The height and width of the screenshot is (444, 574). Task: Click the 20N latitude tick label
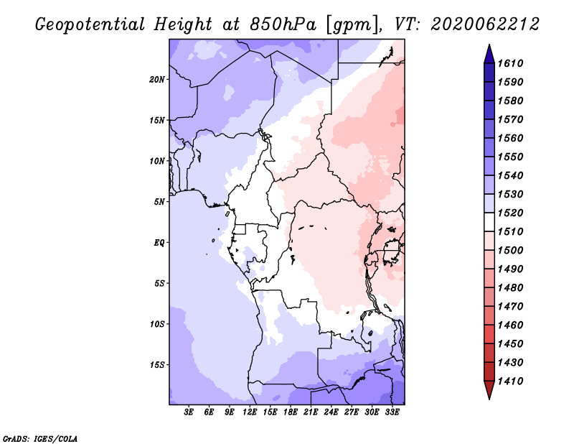(x=156, y=79)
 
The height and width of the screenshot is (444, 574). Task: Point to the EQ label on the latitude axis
(x=159, y=242)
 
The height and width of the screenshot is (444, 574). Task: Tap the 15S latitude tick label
(x=156, y=364)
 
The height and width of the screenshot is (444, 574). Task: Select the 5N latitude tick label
(x=159, y=202)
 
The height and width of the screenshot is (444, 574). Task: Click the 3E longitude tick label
(x=188, y=412)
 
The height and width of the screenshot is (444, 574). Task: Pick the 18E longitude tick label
(x=291, y=412)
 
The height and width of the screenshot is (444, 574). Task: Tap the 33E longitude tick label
(x=392, y=412)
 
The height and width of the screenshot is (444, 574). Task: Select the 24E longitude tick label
(x=331, y=412)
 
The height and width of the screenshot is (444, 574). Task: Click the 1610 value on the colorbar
(x=510, y=63)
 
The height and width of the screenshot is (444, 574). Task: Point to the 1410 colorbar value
(x=510, y=381)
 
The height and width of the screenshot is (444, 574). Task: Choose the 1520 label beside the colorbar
(x=510, y=213)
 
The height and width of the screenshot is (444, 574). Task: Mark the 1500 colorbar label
(x=510, y=250)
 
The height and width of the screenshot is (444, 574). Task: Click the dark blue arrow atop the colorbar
(x=489, y=55)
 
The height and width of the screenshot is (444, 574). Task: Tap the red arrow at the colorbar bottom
(x=489, y=389)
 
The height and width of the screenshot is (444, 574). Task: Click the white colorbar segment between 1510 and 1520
(x=489, y=222)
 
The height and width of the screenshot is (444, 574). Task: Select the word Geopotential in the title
(x=90, y=24)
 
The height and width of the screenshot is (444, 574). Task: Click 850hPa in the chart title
(x=283, y=24)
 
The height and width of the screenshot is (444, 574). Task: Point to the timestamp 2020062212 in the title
(x=485, y=24)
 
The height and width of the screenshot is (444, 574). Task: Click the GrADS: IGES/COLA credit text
(x=40, y=439)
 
